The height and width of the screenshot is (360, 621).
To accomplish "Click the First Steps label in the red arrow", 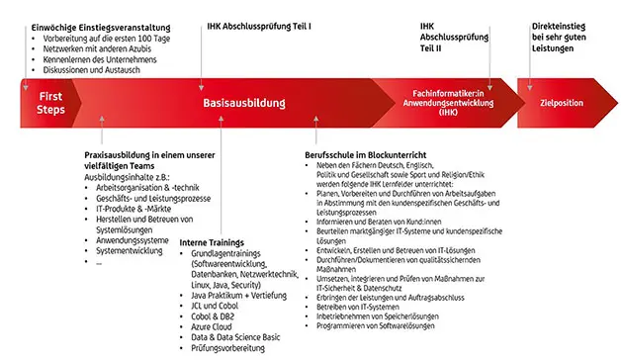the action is click(50, 103).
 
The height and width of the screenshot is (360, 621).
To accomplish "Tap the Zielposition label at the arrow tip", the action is click(565, 103).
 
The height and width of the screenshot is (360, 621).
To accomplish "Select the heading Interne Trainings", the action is click(212, 242).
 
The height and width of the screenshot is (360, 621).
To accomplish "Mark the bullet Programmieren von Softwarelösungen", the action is click(387, 324).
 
